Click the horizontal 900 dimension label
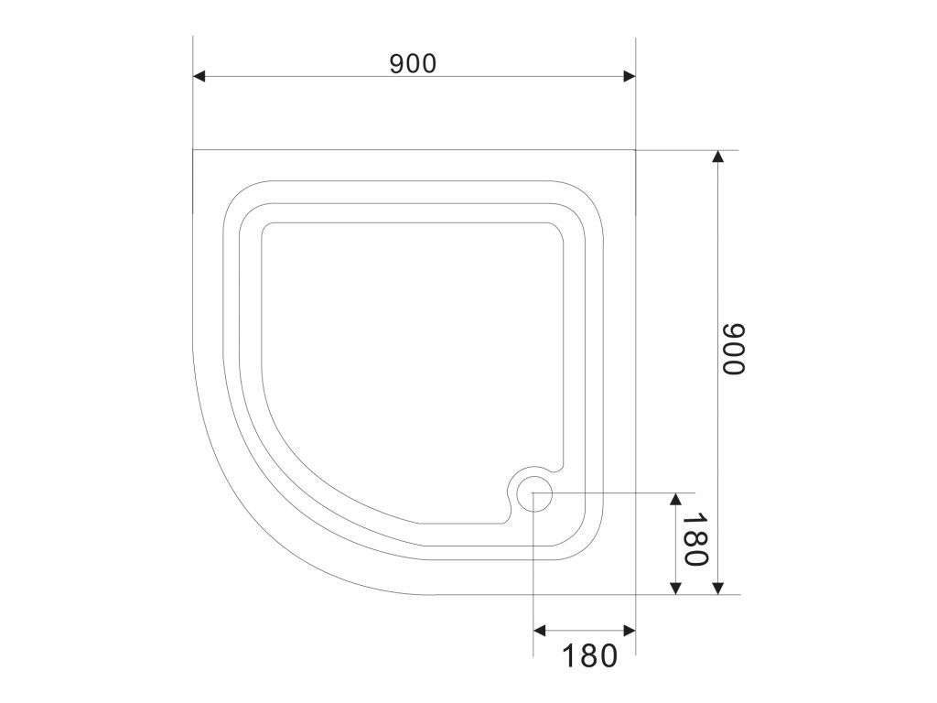tap(413, 63)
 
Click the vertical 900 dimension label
tap(734, 349)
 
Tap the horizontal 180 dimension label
tap(590, 655)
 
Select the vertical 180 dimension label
tap(695, 540)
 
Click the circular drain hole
tap(534, 492)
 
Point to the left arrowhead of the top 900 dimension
tap(199, 76)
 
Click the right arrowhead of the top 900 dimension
tap(630, 76)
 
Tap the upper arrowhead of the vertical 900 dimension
tap(718, 156)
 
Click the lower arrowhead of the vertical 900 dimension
tap(718, 589)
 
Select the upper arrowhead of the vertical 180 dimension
tap(676, 499)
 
